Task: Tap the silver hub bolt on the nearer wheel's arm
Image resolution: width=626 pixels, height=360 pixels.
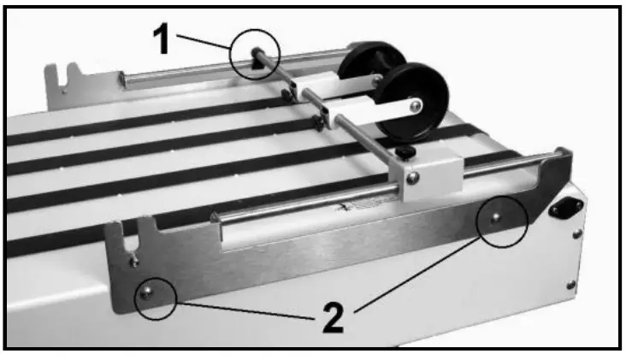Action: click(414, 104)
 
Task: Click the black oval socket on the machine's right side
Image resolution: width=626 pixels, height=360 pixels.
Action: click(565, 206)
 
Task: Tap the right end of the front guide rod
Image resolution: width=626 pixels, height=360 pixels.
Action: click(559, 154)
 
